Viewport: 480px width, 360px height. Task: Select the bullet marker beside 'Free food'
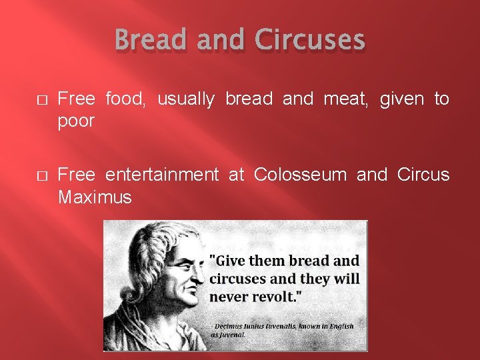pyautogui.click(x=41, y=100)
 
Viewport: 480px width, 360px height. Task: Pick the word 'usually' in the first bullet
pyautogui.click(x=185, y=99)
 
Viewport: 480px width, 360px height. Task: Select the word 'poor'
pyautogui.click(x=76, y=121)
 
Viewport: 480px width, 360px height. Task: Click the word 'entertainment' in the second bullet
pyautogui.click(x=162, y=175)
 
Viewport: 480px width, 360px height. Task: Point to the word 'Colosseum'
pyautogui.click(x=300, y=175)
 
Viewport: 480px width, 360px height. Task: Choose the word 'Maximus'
pyautogui.click(x=95, y=197)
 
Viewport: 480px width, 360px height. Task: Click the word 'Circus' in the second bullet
pyautogui.click(x=423, y=175)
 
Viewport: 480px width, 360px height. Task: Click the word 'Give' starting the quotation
pyautogui.click(x=232, y=261)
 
